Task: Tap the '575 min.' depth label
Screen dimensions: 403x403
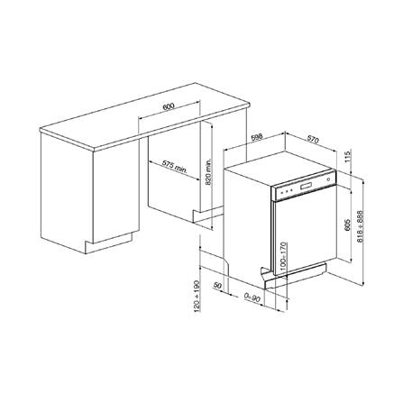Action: click(x=175, y=167)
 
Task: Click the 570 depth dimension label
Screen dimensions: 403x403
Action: click(x=312, y=139)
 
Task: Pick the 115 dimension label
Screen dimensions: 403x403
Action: click(x=348, y=159)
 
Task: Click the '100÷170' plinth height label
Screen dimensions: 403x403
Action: click(x=282, y=256)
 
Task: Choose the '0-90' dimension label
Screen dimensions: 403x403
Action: click(x=252, y=295)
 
